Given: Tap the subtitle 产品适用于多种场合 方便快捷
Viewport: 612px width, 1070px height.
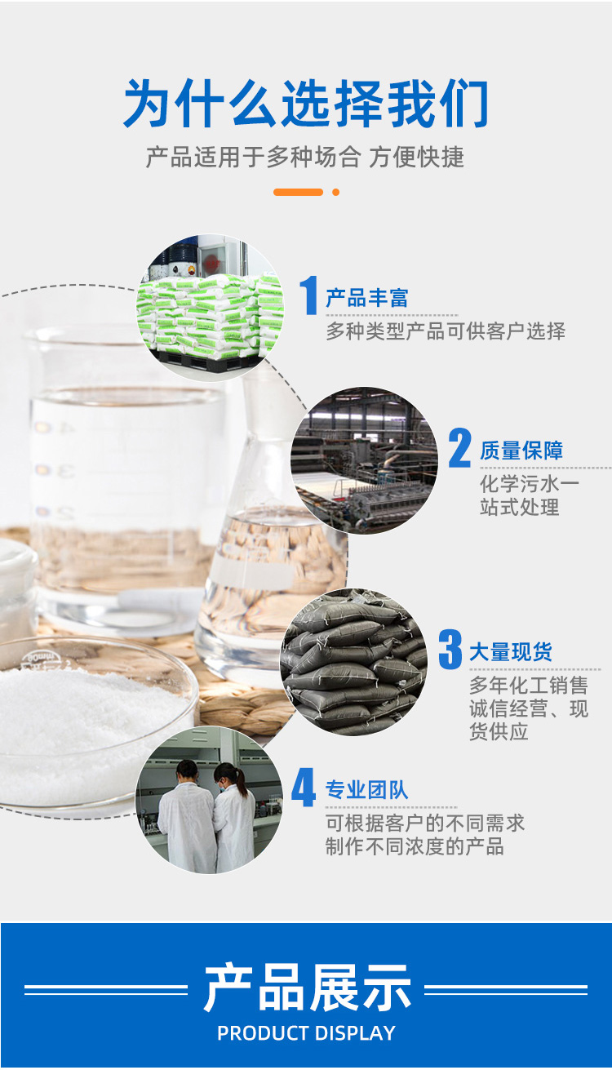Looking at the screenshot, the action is [305, 158].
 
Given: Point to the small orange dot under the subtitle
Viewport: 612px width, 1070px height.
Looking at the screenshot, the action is [336, 192].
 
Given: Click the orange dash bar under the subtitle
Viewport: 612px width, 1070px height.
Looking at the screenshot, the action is [298, 192].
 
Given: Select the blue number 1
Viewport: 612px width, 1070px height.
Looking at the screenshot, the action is [309, 295].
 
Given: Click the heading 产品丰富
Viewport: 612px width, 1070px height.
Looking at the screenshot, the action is [367, 298].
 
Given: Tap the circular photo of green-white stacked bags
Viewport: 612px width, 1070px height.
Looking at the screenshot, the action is [211, 307].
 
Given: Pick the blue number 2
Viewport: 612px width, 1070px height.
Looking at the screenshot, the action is [460, 447].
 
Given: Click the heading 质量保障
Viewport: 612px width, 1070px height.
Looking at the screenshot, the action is [521, 451].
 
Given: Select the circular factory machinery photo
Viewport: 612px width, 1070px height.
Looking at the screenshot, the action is [364, 460].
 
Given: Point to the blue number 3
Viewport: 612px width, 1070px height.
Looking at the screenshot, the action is [450, 649].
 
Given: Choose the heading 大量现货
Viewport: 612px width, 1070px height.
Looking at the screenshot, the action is [511, 651].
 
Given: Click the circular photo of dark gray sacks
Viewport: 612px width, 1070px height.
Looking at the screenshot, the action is [353, 662].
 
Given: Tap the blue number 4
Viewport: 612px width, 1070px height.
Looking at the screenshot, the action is [304, 788].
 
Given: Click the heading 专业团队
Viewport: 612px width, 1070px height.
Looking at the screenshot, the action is [367, 790].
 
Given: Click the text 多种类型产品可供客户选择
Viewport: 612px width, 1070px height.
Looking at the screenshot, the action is [446, 331].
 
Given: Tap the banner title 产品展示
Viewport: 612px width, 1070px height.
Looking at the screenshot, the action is [308, 988].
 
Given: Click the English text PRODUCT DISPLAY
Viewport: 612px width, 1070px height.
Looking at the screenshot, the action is [306, 1033].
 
